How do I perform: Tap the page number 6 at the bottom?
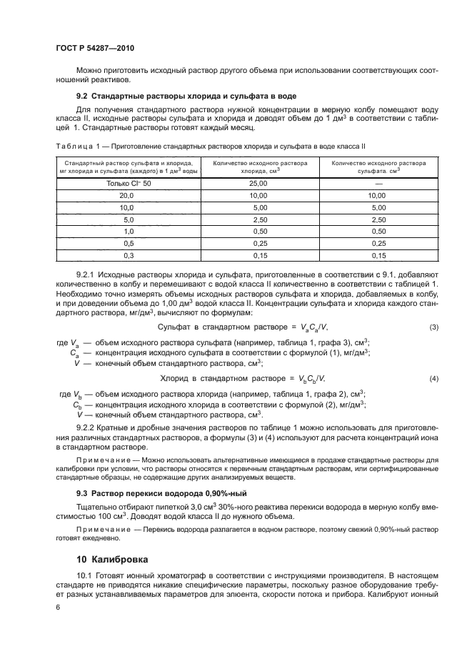point(59,607)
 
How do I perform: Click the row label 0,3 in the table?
point(129,255)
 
